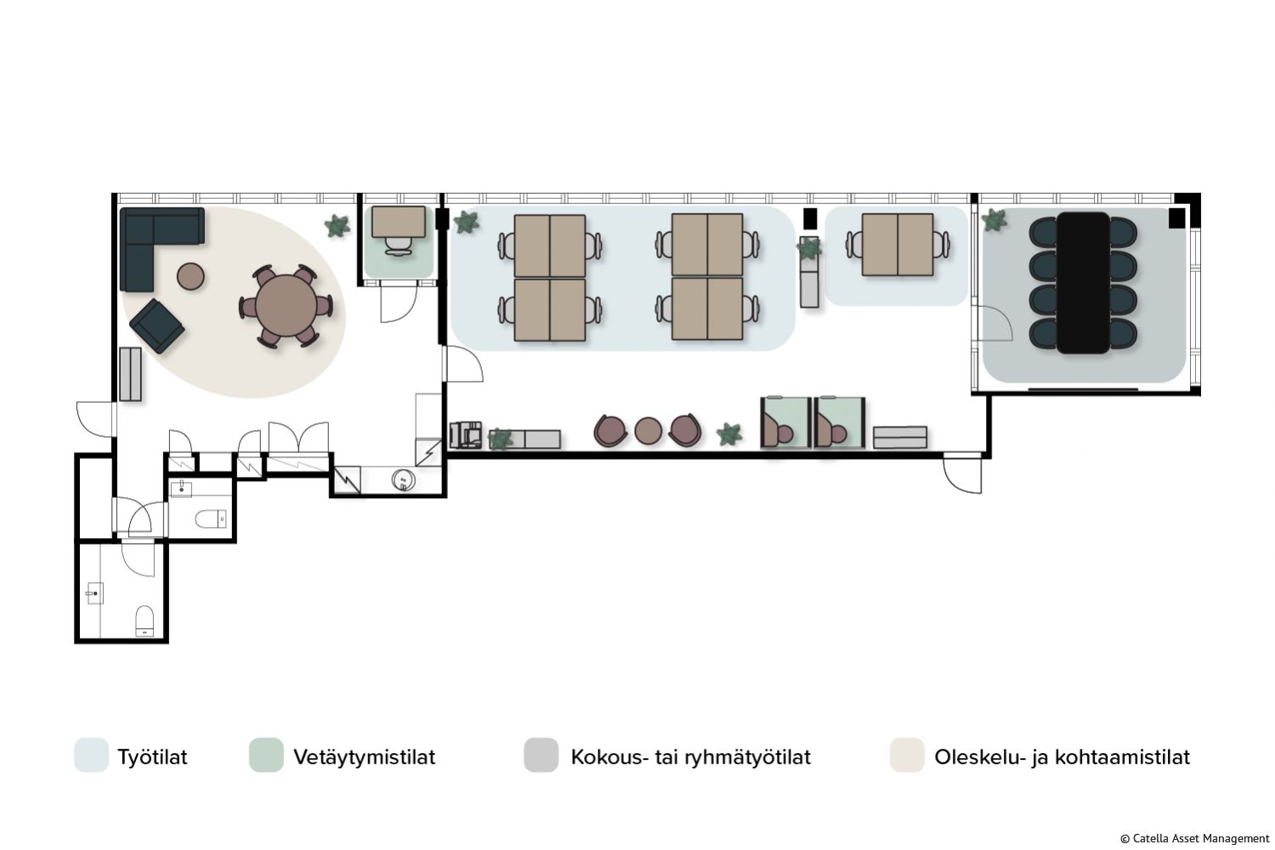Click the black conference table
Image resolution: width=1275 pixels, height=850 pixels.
[1083, 282]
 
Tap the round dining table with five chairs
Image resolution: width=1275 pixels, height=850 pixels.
[286, 306]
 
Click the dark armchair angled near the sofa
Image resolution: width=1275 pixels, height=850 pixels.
[156, 326]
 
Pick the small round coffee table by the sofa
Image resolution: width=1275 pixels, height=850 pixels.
[190, 276]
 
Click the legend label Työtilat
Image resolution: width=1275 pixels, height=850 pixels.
[152, 756]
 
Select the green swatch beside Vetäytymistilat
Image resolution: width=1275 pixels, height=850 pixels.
[266, 755]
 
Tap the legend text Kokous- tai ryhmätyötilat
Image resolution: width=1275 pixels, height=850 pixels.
[690, 756]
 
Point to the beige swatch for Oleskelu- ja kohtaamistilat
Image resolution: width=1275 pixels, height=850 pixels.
[907, 755]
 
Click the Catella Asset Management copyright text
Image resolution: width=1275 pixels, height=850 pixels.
[1195, 839]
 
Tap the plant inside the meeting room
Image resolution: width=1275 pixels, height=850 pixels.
[994, 220]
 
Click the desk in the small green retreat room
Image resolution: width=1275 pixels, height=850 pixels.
[399, 222]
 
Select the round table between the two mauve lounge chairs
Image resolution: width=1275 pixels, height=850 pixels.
[648, 431]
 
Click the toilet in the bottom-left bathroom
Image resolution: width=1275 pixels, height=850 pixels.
[144, 620]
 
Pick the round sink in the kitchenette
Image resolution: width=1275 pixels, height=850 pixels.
[403, 480]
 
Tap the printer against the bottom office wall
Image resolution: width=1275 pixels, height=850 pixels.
[466, 435]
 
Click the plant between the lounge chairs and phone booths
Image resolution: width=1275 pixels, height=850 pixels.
[729, 434]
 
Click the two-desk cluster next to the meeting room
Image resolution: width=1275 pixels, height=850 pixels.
[898, 245]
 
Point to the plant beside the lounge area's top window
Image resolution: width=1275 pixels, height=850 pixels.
[337, 226]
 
